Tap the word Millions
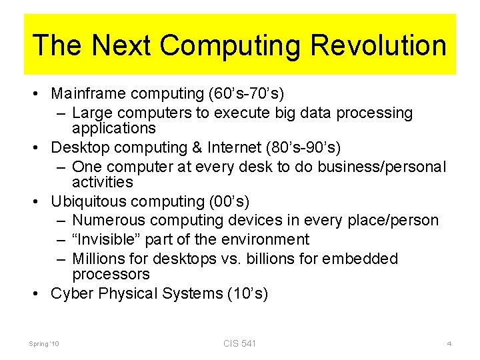point(97,259)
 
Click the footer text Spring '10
point(44,344)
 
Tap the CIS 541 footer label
point(240,343)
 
